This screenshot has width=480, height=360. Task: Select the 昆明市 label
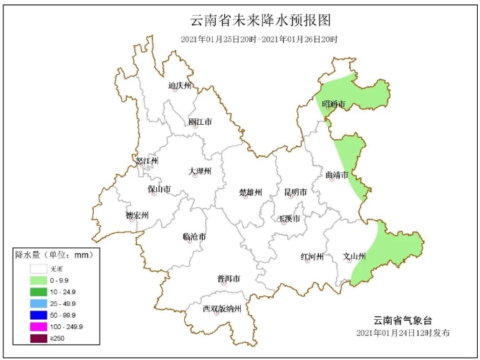tap(295, 192)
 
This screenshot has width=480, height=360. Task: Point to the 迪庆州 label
tap(180, 85)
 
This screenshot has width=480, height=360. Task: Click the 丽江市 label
tap(200, 122)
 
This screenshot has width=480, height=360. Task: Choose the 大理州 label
tap(200, 171)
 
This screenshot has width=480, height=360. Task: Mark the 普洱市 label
tap(228, 278)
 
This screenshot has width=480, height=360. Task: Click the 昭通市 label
tap(333, 105)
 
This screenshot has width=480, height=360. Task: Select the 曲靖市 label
tap(336, 174)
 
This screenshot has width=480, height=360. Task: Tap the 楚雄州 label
tap(250, 192)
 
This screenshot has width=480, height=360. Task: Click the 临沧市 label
tap(194, 236)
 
